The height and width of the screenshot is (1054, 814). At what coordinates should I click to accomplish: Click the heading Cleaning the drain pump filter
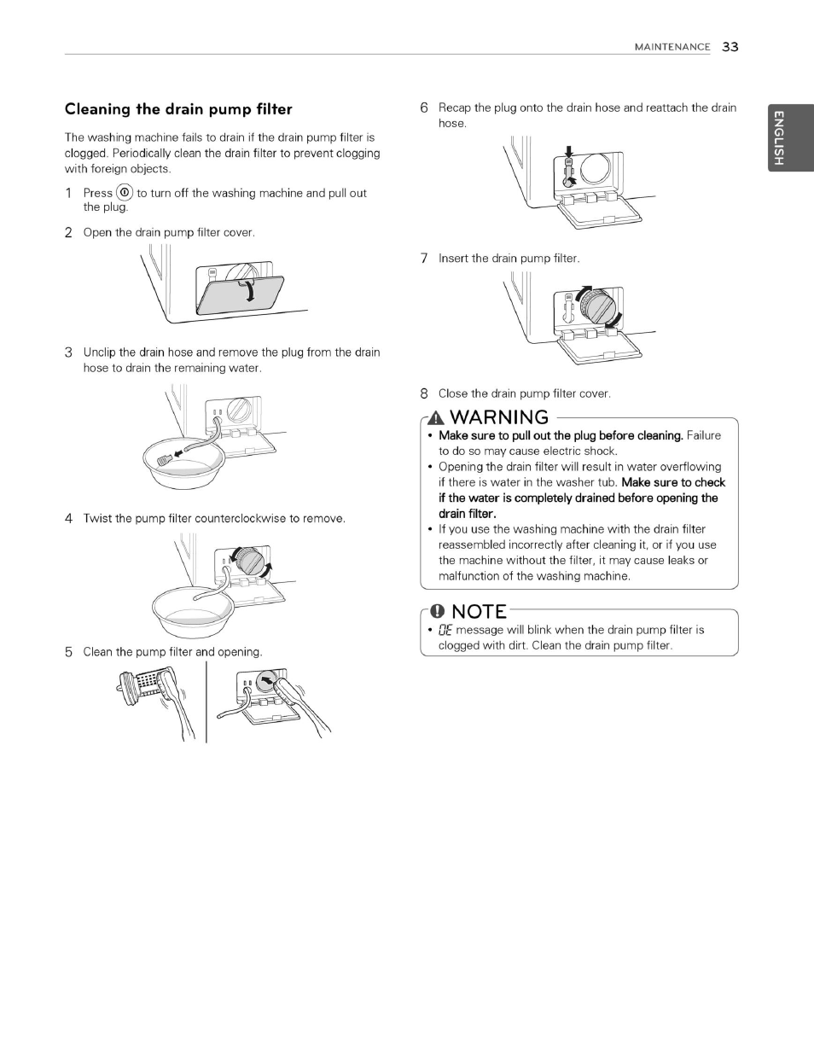(178, 109)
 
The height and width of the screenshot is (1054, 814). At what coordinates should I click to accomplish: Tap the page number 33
(730, 47)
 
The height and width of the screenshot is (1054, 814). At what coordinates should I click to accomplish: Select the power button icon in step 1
(125, 193)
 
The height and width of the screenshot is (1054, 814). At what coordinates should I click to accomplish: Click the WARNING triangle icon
(436, 418)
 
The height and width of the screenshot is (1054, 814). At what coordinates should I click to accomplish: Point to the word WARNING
(499, 417)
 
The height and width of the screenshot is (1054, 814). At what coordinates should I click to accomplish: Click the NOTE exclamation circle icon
(437, 611)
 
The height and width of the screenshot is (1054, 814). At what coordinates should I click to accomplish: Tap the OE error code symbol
(444, 631)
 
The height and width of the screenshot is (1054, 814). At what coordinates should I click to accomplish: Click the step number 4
(68, 519)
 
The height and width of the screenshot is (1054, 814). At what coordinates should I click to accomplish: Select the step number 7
(423, 259)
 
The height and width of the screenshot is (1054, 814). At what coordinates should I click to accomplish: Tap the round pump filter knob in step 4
(250, 562)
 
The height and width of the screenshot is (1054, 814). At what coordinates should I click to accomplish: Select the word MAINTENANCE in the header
(672, 48)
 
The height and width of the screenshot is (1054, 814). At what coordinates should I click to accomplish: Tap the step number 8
(423, 394)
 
